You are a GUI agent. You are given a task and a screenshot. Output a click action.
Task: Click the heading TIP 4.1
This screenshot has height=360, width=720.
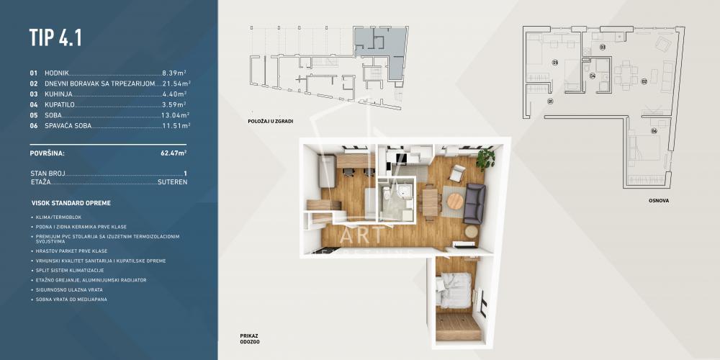[55, 37]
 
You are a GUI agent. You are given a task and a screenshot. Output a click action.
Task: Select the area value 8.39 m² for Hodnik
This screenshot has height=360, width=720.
[174, 73]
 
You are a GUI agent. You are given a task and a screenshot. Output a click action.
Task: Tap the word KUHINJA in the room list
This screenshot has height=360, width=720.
[58, 94]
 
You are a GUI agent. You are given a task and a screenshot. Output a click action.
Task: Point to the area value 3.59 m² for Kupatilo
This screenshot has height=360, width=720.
[174, 104]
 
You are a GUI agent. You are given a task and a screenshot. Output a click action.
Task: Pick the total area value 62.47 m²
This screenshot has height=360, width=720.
[174, 153]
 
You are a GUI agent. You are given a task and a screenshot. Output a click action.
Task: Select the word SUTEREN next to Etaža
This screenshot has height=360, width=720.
[173, 183]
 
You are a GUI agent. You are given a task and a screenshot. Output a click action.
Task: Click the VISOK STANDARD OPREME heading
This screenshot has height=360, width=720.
[71, 203]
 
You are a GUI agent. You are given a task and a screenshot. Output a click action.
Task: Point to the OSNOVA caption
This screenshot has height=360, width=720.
[658, 201]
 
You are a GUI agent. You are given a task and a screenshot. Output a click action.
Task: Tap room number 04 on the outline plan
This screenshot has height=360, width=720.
[592, 76]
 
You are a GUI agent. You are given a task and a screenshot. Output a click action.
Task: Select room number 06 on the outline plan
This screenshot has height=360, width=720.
[654, 131]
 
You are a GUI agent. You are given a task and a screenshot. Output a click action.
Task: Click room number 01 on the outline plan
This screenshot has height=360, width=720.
[549, 102]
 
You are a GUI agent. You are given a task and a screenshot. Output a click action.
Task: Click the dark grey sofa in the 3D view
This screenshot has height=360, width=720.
[474, 203]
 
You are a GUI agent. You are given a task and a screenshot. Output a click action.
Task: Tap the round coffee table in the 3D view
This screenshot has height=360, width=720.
[455, 202]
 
